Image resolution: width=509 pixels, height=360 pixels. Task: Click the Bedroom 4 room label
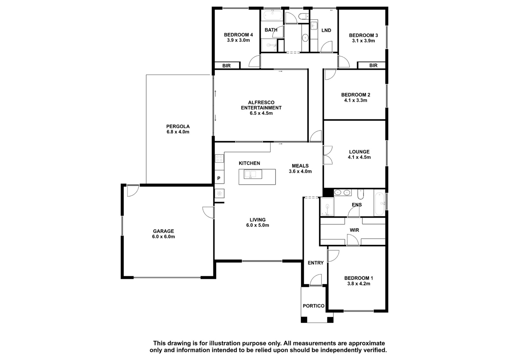[x=238, y=35]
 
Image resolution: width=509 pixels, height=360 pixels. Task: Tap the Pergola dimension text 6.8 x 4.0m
[x=178, y=132]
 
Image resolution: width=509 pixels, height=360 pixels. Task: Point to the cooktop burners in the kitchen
[x=219, y=158]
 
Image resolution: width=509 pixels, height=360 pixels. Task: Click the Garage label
[x=164, y=231]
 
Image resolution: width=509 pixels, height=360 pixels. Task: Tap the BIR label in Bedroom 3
[x=373, y=66]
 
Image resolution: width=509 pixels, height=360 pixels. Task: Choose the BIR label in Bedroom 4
[x=226, y=66]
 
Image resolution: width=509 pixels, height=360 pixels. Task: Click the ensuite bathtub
[x=380, y=204]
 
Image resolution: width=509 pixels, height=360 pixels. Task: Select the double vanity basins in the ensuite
[x=342, y=193]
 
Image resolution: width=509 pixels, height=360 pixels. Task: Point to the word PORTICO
[x=314, y=306]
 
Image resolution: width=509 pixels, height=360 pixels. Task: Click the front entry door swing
[x=316, y=280]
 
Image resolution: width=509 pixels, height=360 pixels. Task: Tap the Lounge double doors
[x=328, y=155]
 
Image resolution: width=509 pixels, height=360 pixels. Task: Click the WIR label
[x=354, y=230]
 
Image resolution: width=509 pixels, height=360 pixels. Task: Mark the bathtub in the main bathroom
[x=273, y=16]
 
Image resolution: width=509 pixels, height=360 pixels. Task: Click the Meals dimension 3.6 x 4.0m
[x=300, y=171]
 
